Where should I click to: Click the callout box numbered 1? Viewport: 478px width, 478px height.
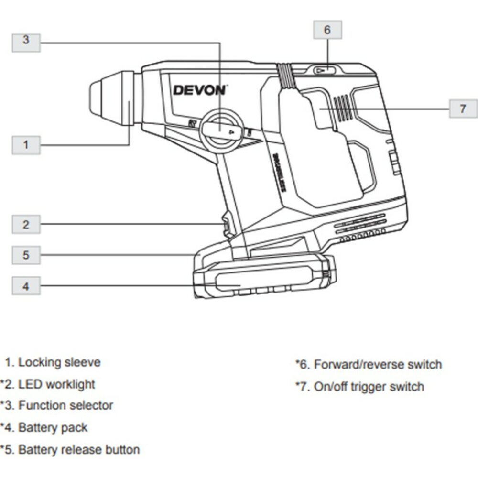[26, 144]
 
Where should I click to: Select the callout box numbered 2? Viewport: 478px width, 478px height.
[26, 224]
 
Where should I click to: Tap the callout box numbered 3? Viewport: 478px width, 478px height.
[26, 40]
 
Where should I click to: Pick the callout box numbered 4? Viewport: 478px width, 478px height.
[26, 286]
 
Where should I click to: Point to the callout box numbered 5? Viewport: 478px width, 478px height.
[26, 255]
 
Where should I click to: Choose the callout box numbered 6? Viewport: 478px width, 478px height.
[327, 30]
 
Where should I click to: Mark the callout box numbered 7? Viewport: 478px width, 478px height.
[463, 109]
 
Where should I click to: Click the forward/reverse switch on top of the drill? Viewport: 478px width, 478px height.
[325, 70]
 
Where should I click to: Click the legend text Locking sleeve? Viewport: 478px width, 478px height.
[59, 362]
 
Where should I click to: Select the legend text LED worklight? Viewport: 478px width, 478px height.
[56, 384]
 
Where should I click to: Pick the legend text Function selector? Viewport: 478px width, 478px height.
[65, 406]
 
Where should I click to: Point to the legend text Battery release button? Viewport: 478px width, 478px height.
[79, 450]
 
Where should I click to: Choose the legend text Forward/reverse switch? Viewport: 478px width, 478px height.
[378, 365]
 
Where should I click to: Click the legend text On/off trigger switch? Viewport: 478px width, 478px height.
[369, 387]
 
